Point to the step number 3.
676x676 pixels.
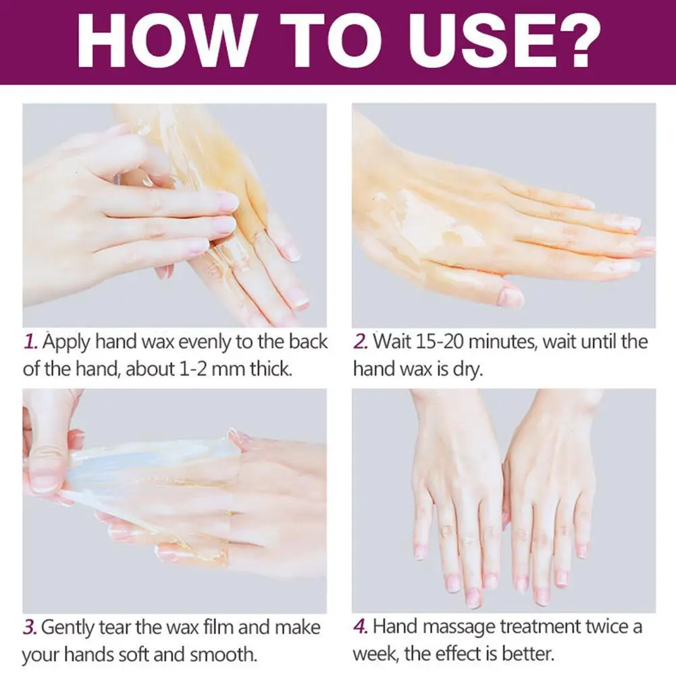click(30, 627)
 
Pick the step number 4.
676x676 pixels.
click(361, 627)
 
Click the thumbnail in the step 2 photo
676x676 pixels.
click(511, 295)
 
